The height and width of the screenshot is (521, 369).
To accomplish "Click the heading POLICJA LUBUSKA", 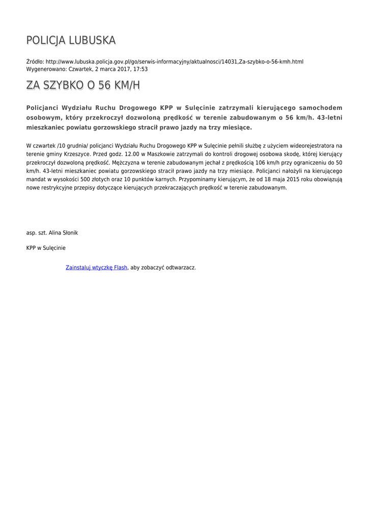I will (71, 40).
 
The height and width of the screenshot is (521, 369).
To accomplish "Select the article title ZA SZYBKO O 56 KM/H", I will (83, 85).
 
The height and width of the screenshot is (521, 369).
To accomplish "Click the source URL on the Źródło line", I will (175, 62).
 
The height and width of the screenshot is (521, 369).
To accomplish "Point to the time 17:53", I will (140, 69).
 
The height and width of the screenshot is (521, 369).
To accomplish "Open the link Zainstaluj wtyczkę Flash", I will (96, 268).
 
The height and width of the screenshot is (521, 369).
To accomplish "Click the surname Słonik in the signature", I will (70, 233).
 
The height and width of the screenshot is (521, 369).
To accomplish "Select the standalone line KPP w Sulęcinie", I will (46, 248).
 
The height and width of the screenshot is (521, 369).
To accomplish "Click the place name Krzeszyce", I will (77, 154).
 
